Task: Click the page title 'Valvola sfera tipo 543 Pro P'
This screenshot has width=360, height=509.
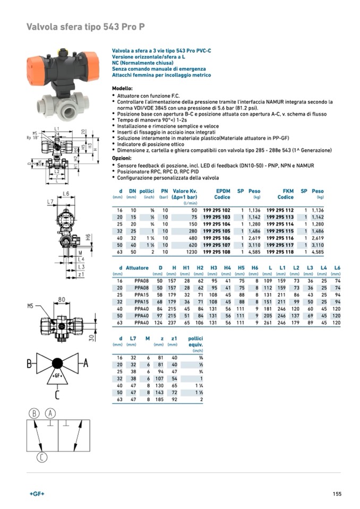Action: [85, 27]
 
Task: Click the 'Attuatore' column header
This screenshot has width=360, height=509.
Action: [137, 268]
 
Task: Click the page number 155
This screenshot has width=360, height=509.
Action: [337, 494]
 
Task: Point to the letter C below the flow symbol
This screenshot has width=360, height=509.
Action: [56, 394]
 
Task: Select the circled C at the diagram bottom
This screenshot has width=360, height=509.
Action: [42, 457]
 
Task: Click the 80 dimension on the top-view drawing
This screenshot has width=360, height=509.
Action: [62, 300]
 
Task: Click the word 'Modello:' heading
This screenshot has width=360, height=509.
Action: [122, 88]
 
